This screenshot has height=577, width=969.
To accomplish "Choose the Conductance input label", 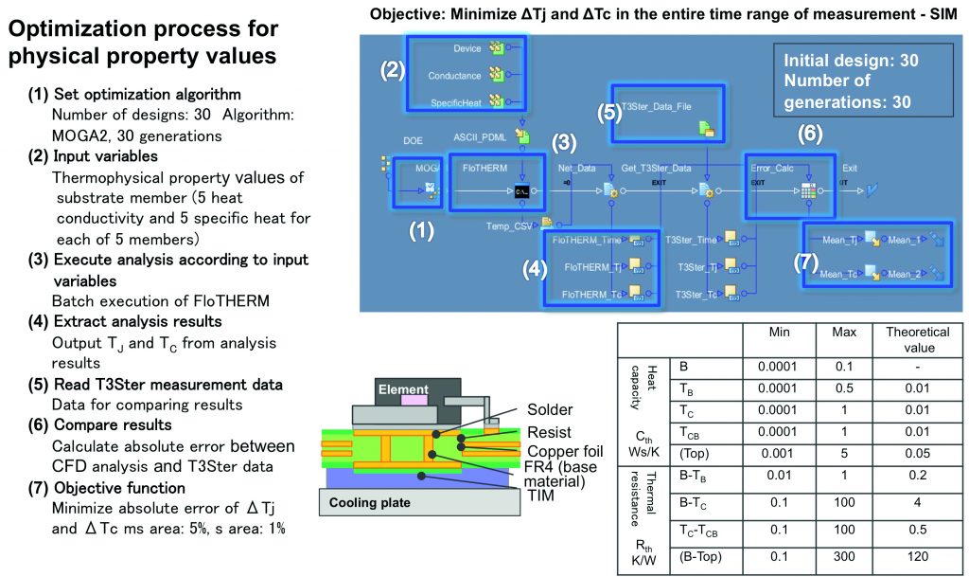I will tap(455, 76).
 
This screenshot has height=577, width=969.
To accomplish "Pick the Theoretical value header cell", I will tap(916, 339).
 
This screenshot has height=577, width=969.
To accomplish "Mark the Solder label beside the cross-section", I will tap(550, 409).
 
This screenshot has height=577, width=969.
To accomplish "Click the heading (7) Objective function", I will tap(120, 487).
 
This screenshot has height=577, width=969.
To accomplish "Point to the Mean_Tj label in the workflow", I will tap(838, 241).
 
